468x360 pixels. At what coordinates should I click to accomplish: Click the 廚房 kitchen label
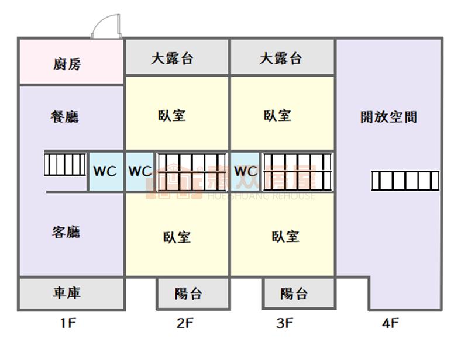point(67,64)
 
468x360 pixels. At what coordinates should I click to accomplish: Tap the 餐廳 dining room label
point(64,116)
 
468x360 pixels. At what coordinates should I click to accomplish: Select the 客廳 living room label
point(66,232)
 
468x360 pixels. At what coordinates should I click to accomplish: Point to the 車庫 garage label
point(67,293)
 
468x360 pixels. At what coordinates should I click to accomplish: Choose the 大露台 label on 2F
point(172,58)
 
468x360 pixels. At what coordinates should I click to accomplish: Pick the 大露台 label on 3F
point(281,58)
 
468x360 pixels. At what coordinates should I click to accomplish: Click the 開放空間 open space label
point(388,116)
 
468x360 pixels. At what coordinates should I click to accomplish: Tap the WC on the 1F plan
point(105,172)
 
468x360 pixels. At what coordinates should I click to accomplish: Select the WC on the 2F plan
point(140,172)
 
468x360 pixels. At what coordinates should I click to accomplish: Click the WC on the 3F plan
point(246,172)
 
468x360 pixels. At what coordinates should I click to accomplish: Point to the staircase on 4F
point(405,181)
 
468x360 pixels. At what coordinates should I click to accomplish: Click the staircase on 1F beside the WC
point(66,164)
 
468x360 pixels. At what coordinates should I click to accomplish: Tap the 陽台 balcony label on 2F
point(188,293)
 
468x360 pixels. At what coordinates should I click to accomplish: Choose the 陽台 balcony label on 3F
point(294,293)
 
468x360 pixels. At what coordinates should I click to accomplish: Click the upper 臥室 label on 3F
point(277,115)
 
